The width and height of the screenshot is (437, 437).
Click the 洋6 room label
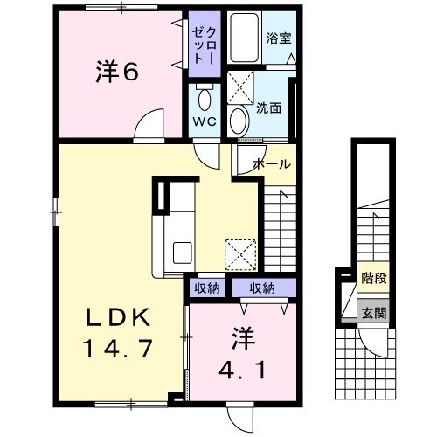pyautogui.click(x=116, y=72)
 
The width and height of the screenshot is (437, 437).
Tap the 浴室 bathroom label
pyautogui.click(x=279, y=39)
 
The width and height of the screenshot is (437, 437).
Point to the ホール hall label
pyautogui.click(x=272, y=163)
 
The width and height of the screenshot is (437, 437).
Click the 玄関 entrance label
pyautogui.click(x=373, y=313)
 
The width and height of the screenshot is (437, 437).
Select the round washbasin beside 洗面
pyautogui.click(x=239, y=120)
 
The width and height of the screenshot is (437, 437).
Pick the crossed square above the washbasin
pyautogui.click(x=239, y=88)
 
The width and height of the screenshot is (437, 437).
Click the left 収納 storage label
pyautogui.click(x=207, y=288)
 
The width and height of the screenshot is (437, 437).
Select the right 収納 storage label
pyautogui.click(x=262, y=288)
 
